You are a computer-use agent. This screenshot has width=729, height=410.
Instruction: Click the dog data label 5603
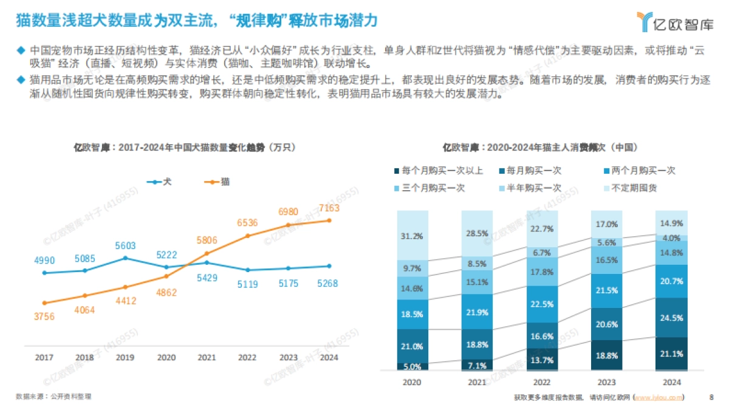coord(125,245)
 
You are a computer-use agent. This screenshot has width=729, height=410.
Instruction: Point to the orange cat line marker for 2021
coord(207,253)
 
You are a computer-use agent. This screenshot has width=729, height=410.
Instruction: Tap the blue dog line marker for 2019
coord(125,258)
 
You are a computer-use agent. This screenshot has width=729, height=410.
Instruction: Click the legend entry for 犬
coord(159,182)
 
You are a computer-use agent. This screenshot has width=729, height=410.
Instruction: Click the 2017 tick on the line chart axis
coord(44,358)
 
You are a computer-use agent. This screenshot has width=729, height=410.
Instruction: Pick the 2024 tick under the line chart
coord(328,358)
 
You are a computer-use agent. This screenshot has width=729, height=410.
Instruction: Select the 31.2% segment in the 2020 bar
coord(412,236)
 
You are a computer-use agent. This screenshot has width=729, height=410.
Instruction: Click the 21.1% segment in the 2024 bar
coord(671,354)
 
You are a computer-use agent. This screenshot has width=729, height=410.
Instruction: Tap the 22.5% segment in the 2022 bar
coord(541,304)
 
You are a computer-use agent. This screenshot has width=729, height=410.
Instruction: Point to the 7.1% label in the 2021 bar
coord(477,365)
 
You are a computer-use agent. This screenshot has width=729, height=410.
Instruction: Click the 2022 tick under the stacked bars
coord(541,383)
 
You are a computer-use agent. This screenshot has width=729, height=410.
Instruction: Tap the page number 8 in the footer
coord(711,398)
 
